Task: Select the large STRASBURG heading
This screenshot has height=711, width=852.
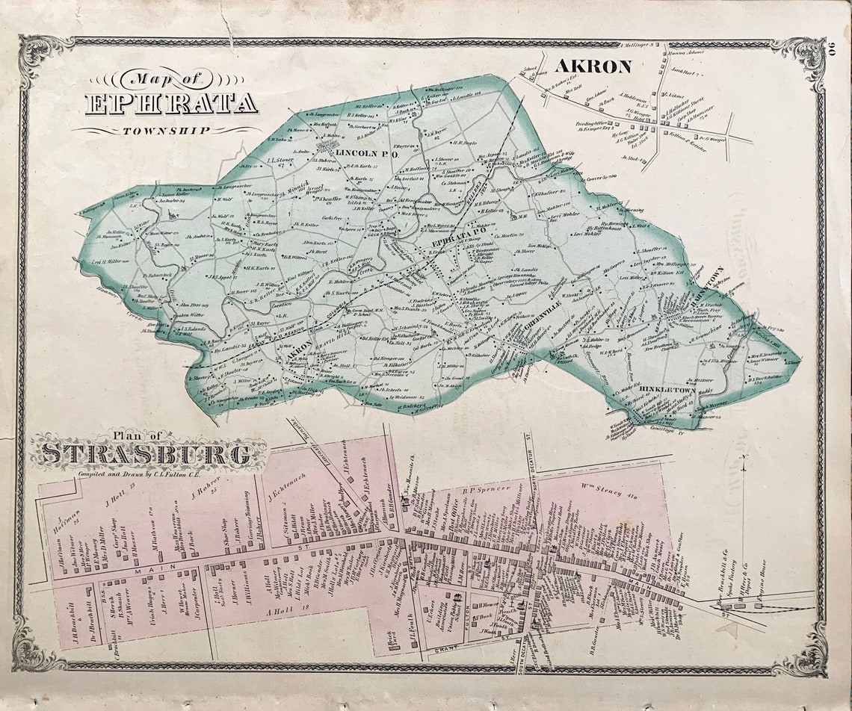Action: pos(146,454)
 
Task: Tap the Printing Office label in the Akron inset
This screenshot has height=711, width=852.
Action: pos(591,124)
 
